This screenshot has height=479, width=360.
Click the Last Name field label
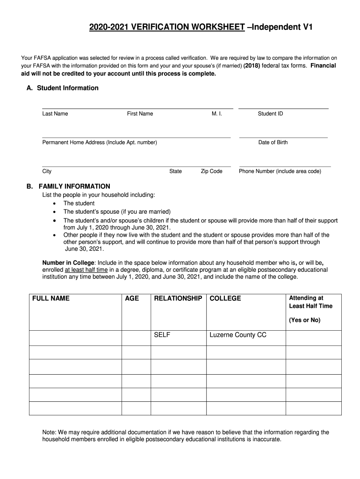tap(55, 114)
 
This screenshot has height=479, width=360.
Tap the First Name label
tap(140, 114)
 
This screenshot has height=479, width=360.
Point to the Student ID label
tap(270, 114)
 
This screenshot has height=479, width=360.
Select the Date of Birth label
tap(273, 142)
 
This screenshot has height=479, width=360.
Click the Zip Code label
tap(211, 171)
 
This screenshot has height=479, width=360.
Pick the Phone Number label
tap(280, 171)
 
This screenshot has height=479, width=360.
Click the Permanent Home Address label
tap(100, 142)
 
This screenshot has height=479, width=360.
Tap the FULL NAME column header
tap(51, 298)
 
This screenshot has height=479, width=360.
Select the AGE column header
tap(132, 298)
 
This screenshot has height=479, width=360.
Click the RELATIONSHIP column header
tap(178, 298)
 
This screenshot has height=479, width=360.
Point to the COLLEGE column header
tap(225, 298)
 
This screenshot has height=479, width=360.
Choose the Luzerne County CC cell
tap(238, 335)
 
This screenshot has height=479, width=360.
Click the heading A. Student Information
tap(63, 88)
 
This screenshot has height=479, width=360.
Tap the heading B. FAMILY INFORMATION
tap(68, 186)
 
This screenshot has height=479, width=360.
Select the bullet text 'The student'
tap(79, 203)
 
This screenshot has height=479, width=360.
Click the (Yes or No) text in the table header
tap(304, 320)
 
